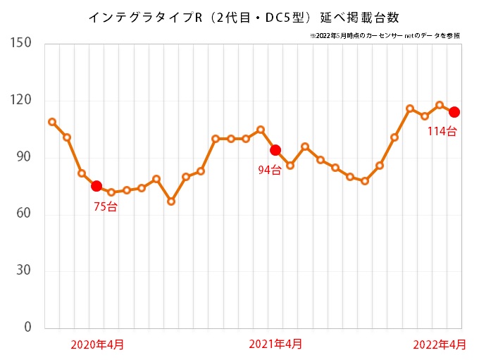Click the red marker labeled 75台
[x=97, y=186]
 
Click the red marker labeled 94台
[x=275, y=150]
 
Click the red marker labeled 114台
[x=454, y=112]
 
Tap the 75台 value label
[x=106, y=206]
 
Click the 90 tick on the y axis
[x=24, y=157]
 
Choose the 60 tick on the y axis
[x=24, y=214]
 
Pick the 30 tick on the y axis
[x=24, y=271]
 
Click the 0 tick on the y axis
[x=27, y=328]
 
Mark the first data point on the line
[x=52, y=122]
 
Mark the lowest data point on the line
[x=170, y=201]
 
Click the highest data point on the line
[x=439, y=106]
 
